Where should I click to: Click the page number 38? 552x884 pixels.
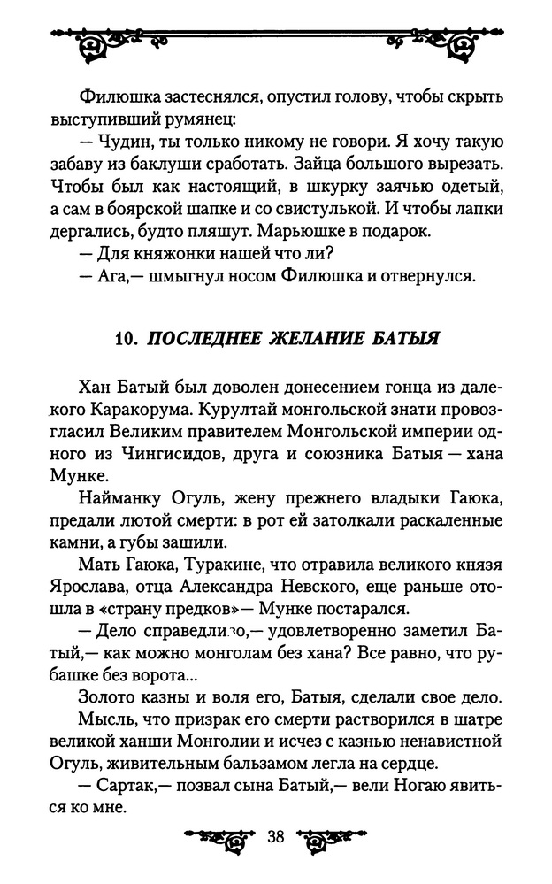[274, 836]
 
